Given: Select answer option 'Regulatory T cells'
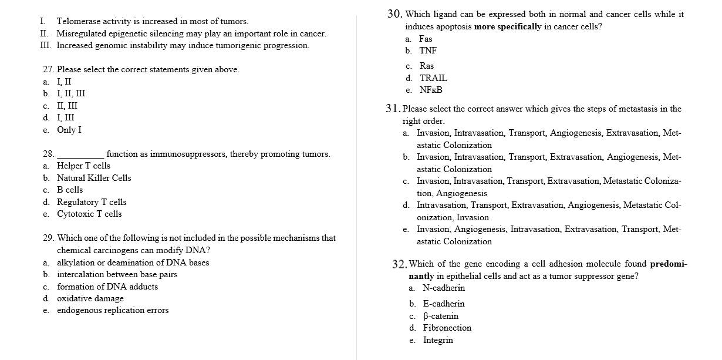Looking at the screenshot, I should point(91,202).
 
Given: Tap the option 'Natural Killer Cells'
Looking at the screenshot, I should point(93,178).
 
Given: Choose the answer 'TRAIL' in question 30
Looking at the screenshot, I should point(433,78).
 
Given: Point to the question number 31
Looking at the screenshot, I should point(393,109).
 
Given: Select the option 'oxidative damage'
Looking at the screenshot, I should point(90,298).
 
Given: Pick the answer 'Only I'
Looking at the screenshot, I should point(69,130).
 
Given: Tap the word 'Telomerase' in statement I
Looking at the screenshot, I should point(78,21).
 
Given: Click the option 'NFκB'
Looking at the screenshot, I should point(431,90).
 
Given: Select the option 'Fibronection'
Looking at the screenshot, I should point(447,328).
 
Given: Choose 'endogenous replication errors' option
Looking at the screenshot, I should point(112,311).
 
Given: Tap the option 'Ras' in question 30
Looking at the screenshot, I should point(427,66).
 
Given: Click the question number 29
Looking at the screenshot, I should point(49,238).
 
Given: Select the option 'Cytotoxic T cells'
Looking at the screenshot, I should point(89,214).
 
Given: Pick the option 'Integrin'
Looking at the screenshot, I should point(438,340).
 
